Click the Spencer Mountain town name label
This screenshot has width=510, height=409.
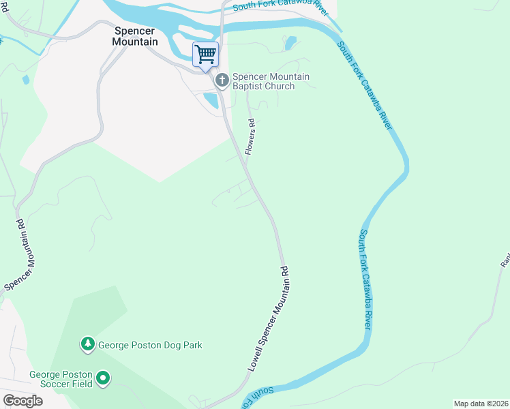tap(135, 36)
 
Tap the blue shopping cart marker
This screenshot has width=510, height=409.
tap(205, 54)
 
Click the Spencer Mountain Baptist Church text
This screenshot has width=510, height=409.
tap(271, 81)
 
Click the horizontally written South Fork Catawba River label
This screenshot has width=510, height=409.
tap(281, 7)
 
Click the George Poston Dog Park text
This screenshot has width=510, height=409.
tap(150, 345)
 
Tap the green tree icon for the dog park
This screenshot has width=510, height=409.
tap(87, 345)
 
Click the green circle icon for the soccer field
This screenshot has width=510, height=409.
tap(103, 377)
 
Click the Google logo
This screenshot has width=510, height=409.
tap(22, 400)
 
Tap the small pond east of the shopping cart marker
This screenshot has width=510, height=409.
tap(290, 43)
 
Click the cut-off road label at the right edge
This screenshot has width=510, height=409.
tap(505, 260)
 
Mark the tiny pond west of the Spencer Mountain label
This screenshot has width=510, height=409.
tap(25, 80)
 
